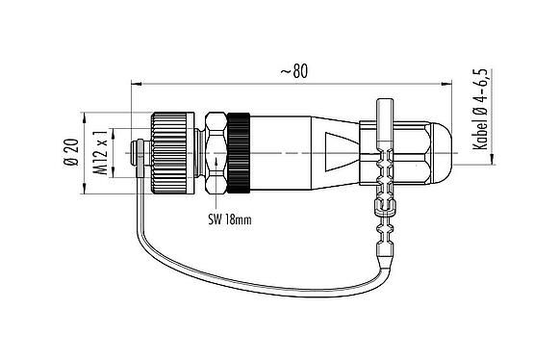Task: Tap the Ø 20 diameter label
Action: pos(71,153)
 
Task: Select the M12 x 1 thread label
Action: pos(98,153)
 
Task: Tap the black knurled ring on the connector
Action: pos(238,153)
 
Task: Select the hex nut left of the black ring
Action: pos(215,153)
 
